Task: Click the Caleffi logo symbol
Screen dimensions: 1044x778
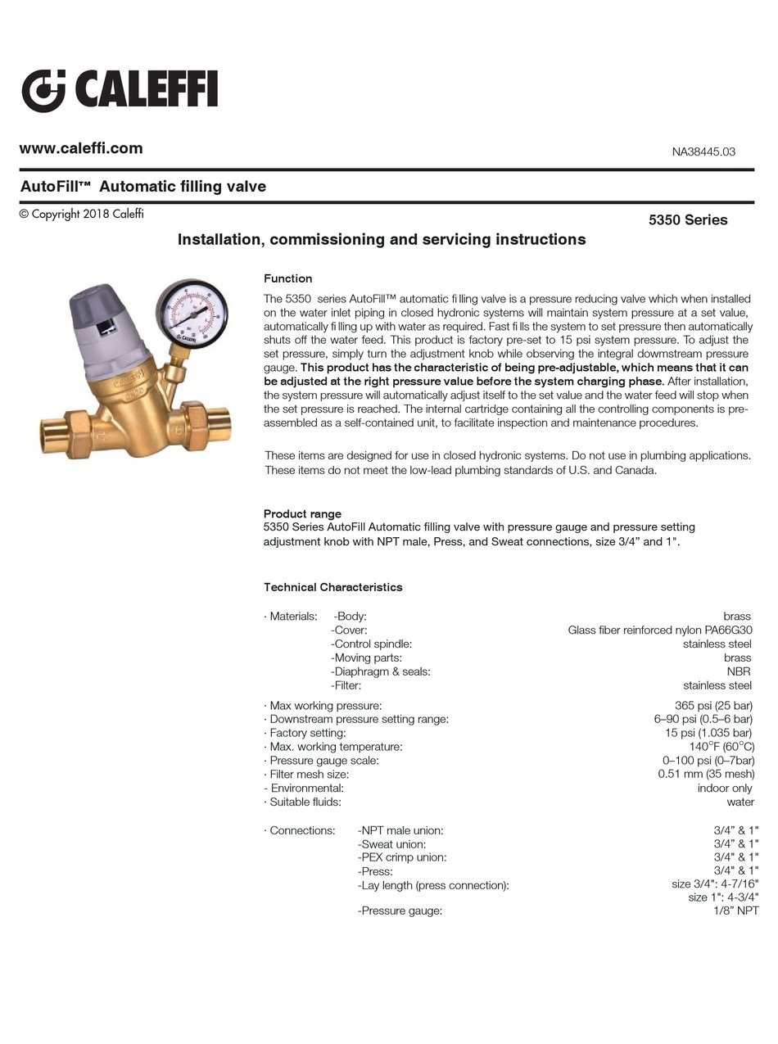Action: (x=43, y=90)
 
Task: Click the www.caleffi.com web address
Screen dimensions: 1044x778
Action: (x=81, y=148)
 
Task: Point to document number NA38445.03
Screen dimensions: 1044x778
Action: (x=703, y=151)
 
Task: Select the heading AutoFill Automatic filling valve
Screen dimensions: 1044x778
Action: (x=143, y=187)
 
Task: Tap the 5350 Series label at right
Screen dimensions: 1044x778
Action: (x=688, y=219)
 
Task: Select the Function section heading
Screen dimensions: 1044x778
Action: (x=287, y=278)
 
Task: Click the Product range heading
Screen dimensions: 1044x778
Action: (x=302, y=513)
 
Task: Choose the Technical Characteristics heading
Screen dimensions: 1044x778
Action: (x=332, y=587)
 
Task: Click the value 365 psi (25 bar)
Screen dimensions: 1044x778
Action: (x=708, y=705)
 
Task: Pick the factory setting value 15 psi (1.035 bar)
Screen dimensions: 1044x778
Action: (x=708, y=733)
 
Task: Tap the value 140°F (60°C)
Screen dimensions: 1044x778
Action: (x=721, y=747)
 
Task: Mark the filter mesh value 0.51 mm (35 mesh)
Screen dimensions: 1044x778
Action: (x=706, y=774)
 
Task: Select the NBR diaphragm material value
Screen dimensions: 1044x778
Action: (x=739, y=671)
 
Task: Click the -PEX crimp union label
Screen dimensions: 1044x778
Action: (x=402, y=857)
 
